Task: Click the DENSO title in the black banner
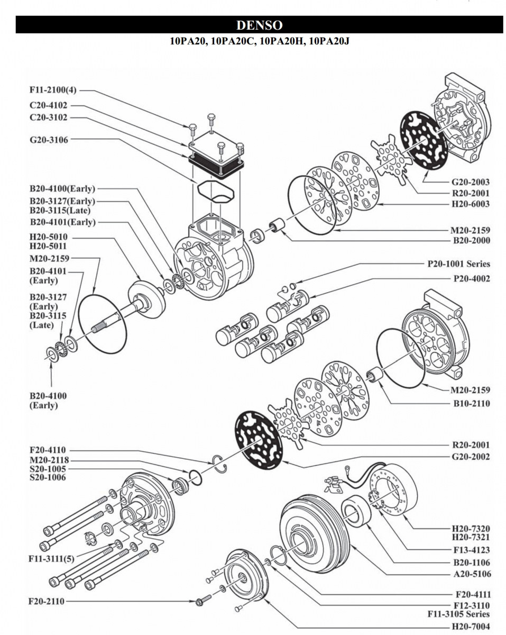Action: point(259,25)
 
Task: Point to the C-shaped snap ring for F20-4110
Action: point(221,464)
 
